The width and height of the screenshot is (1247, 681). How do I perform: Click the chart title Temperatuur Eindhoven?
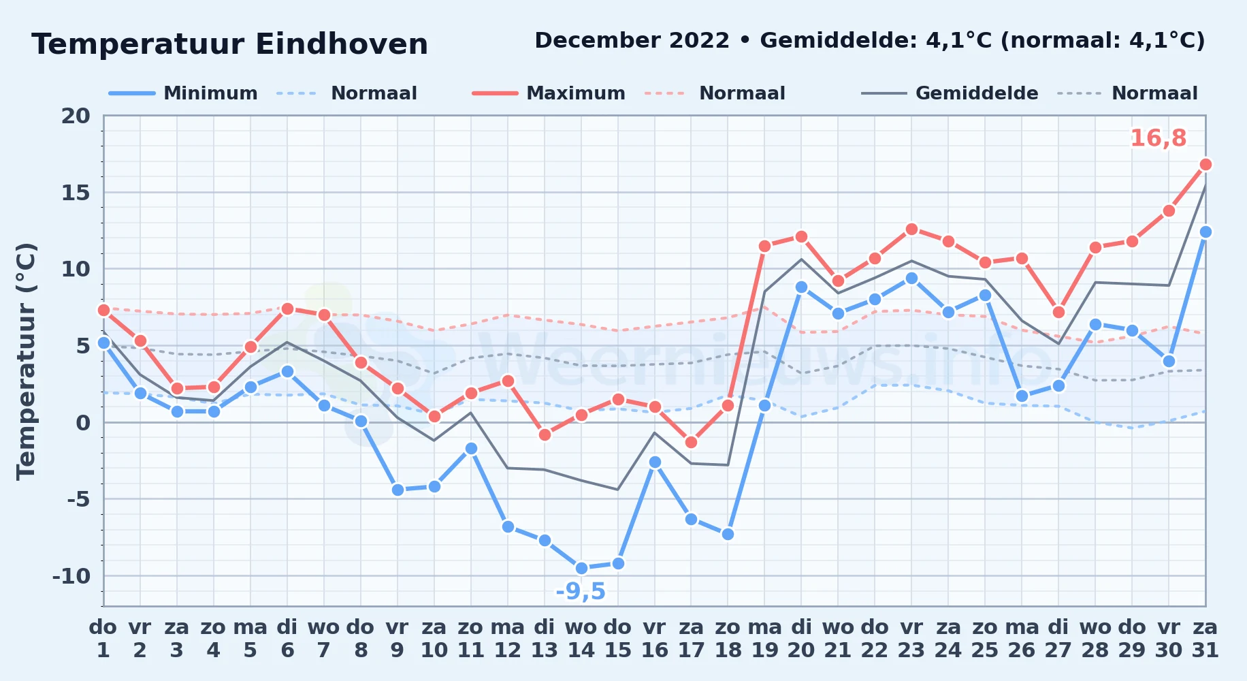(x=230, y=45)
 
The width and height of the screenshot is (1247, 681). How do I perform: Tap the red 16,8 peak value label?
(x=1159, y=138)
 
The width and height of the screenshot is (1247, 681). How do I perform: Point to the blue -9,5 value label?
(x=581, y=592)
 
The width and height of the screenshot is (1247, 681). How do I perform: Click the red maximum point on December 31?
(x=1205, y=164)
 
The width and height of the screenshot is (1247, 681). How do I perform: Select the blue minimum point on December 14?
(x=581, y=568)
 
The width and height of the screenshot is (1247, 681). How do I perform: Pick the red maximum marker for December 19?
(x=764, y=246)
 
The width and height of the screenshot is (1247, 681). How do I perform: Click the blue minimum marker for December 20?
(x=801, y=287)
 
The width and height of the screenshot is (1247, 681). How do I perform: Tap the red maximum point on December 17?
(x=692, y=442)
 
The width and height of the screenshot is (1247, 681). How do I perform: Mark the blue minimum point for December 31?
(x=1205, y=232)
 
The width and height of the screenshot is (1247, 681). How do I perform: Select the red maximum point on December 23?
(x=911, y=229)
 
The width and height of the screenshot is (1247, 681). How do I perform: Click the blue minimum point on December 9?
(x=398, y=490)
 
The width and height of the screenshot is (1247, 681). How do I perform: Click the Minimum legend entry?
(x=183, y=93)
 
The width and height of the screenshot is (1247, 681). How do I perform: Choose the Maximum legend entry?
(x=549, y=93)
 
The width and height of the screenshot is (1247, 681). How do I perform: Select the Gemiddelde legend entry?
(x=950, y=93)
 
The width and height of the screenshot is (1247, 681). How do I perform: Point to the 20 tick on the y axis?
(x=76, y=116)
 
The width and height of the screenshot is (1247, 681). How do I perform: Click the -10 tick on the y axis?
(x=71, y=576)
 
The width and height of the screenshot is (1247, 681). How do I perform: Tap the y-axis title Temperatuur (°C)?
(x=27, y=361)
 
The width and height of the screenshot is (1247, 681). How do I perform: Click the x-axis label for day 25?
(x=985, y=639)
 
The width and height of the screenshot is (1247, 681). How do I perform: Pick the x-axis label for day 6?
(x=287, y=639)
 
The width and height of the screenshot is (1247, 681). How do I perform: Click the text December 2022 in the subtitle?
(x=632, y=41)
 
